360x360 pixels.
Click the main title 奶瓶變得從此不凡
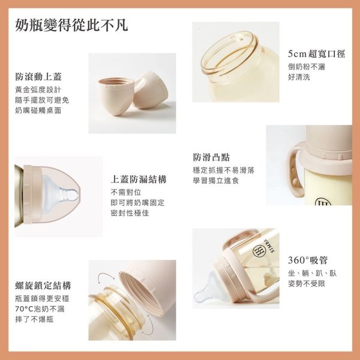71,25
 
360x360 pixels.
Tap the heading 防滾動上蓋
38,77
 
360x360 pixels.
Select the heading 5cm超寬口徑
316,54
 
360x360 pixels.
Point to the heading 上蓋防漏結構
139,179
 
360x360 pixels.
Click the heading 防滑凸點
211,157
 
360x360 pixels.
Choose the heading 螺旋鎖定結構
43,286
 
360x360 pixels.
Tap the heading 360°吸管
308,260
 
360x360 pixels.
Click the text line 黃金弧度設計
38,90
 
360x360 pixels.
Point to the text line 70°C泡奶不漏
40,309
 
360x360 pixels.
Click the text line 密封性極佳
130,213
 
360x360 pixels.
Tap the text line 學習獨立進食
216,181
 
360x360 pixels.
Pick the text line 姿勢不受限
307,284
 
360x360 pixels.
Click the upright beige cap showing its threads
116,97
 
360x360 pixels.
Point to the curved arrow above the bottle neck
106,276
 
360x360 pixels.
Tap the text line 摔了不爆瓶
34,319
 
